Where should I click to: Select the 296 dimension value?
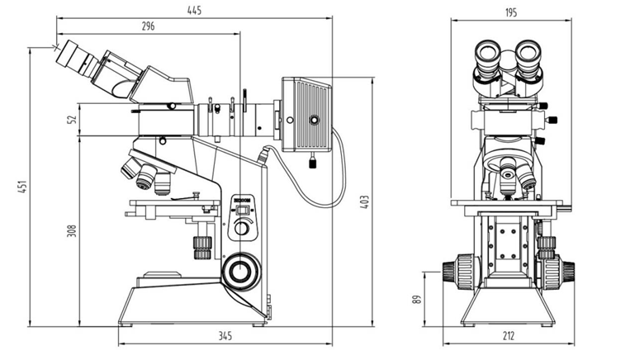pos(148,26)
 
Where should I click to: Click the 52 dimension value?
pos(71,119)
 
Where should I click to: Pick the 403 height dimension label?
pos(364,201)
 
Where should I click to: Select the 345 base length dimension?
pos(225,336)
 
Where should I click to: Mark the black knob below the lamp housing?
pos(313,162)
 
